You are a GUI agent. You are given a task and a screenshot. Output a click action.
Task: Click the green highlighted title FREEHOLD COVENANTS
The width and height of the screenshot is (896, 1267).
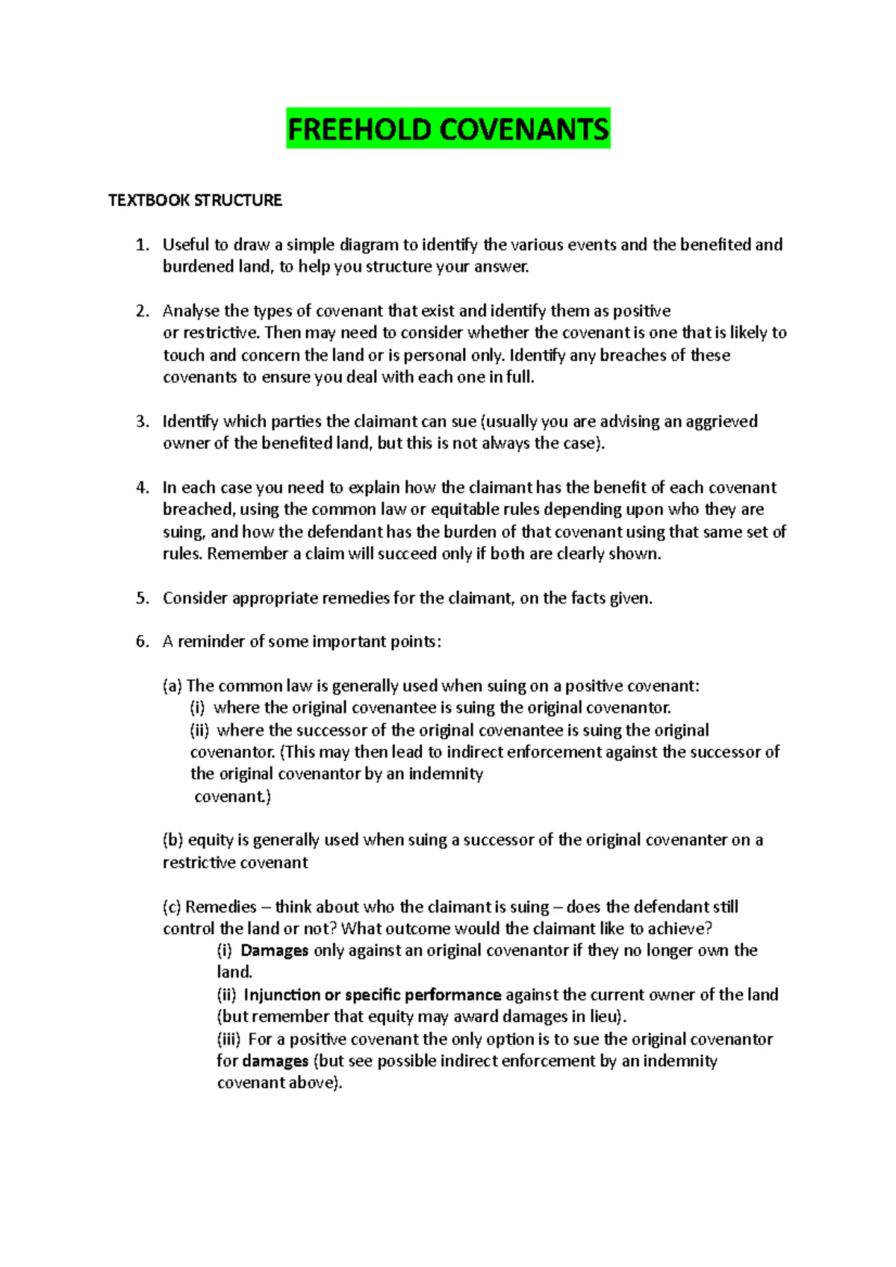tap(448, 129)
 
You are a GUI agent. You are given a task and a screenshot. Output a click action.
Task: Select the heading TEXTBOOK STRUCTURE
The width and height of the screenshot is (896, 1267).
tap(195, 200)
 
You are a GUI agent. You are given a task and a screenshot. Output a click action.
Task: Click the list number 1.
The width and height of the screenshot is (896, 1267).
tap(142, 245)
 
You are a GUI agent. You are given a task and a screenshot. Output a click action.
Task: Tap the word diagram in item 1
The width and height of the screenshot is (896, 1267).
tap(369, 245)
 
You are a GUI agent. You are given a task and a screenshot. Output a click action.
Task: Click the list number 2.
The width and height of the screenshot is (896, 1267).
tap(142, 311)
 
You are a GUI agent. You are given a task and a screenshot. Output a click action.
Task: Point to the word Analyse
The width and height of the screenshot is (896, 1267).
tap(190, 311)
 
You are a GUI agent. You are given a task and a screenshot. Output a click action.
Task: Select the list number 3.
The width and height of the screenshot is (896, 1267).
tap(142, 422)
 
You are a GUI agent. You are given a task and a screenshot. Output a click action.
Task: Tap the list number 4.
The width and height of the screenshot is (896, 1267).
tap(142, 488)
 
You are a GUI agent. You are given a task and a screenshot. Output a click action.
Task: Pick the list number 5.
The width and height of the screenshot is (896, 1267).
tap(142, 598)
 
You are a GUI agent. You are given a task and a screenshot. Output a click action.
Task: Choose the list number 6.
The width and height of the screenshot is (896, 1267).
tap(142, 642)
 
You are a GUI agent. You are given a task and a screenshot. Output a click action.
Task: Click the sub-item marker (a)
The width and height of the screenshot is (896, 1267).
tap(172, 686)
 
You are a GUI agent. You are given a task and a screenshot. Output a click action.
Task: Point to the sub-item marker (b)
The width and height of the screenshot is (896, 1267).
tap(172, 840)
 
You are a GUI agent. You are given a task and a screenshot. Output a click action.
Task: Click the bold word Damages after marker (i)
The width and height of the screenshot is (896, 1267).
tap(274, 951)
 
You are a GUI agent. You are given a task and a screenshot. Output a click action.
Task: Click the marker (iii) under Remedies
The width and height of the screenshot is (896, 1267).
tap(228, 1039)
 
